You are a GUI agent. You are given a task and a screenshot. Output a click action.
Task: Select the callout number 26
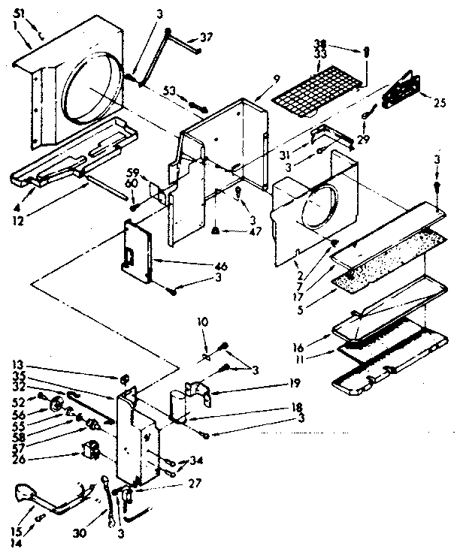click(17, 454)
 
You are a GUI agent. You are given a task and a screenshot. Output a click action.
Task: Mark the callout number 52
click(17, 402)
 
